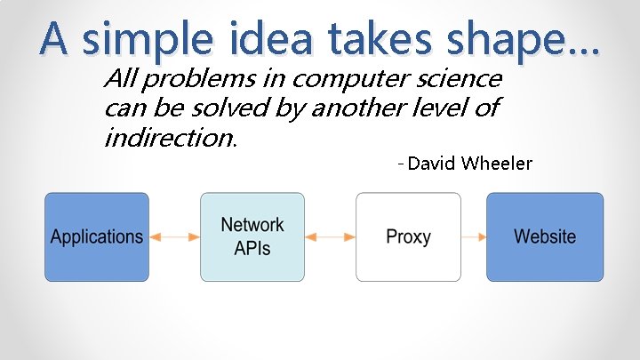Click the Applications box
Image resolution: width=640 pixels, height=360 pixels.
point(97,237)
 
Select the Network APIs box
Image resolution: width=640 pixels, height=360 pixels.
point(252,237)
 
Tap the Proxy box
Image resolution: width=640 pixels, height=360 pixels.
point(408,237)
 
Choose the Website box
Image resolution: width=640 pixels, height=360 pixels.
point(544,237)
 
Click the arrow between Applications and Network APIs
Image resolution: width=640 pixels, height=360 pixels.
point(174,237)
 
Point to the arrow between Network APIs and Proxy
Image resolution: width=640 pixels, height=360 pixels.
point(330,237)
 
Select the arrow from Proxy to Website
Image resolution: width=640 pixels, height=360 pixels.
point(474,237)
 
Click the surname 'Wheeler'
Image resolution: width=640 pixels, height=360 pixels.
point(500,164)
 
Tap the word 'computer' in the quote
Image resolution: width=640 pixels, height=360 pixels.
point(342,79)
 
